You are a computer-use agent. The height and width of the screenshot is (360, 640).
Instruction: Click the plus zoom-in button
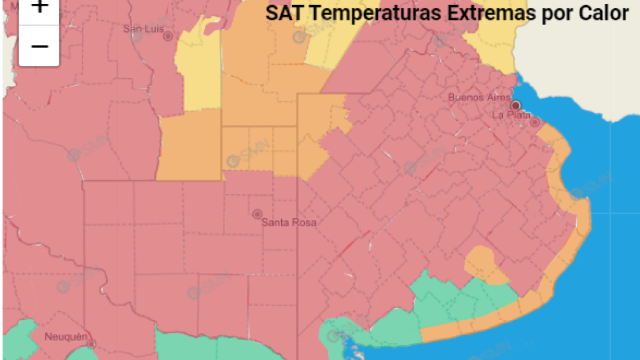(x=39, y=8)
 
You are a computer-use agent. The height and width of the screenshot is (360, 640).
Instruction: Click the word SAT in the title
(x=282, y=13)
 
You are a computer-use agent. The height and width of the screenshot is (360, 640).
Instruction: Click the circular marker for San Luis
(x=168, y=36)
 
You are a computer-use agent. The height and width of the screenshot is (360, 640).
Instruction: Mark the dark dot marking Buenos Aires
(x=516, y=105)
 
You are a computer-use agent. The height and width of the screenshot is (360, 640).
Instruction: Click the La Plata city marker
(x=535, y=121)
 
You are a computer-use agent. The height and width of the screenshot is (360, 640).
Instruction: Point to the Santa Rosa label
(x=288, y=223)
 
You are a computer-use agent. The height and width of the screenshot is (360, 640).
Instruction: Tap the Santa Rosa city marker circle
(x=257, y=214)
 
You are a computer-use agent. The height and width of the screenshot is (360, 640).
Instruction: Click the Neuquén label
(x=66, y=336)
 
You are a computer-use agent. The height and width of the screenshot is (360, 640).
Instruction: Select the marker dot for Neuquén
(x=91, y=344)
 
